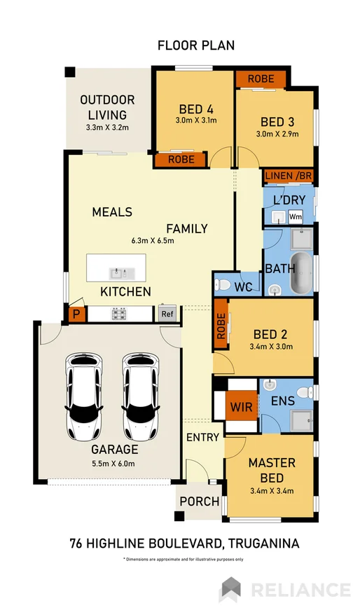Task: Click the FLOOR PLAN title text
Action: click(x=195, y=46)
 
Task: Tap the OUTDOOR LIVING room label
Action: click(x=107, y=107)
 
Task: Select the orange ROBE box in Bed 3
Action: click(x=261, y=78)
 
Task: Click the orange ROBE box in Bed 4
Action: click(x=180, y=160)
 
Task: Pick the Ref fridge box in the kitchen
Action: click(x=167, y=314)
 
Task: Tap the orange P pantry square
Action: click(x=76, y=315)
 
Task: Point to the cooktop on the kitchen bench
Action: click(x=118, y=314)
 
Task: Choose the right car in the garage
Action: click(x=141, y=396)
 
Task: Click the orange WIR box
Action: click(x=237, y=406)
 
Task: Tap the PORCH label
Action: click(x=200, y=502)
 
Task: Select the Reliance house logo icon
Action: click(x=231, y=589)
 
